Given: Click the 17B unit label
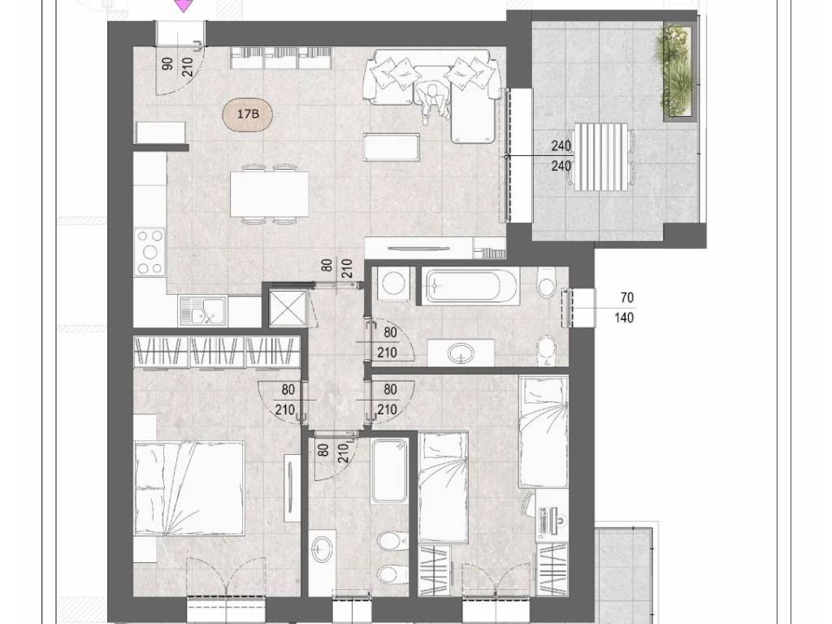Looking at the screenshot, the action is pyautogui.click(x=248, y=114).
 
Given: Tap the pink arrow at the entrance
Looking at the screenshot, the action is pyautogui.click(x=183, y=6).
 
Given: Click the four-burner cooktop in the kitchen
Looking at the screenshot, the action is pyautogui.click(x=149, y=252).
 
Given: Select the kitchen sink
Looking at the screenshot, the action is pyautogui.click(x=203, y=310).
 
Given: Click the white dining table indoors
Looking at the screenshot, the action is pyautogui.click(x=270, y=193).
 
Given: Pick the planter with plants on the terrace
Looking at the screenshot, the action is pyautogui.click(x=676, y=71).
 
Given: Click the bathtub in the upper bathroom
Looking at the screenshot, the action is pyautogui.click(x=470, y=286).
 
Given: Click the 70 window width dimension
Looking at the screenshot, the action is pyautogui.click(x=626, y=297).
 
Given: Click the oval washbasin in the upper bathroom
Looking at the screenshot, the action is pyautogui.click(x=461, y=353).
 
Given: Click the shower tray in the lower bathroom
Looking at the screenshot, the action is pyautogui.click(x=389, y=471).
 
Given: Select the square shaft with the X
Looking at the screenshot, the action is pyautogui.click(x=287, y=308).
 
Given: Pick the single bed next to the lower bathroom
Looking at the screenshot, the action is pyautogui.click(x=443, y=487).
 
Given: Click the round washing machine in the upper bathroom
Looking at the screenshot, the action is pyautogui.click(x=394, y=284).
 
